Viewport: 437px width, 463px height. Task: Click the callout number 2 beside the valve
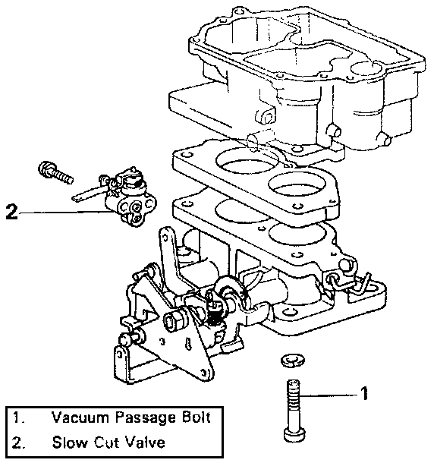tap(11, 212)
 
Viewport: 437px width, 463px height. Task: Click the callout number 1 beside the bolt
tap(364, 393)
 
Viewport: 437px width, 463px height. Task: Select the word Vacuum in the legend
tap(80, 417)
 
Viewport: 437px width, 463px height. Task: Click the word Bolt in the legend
tap(194, 417)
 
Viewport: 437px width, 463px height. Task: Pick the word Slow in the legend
tap(71, 442)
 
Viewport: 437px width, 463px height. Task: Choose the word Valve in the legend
tap(145, 442)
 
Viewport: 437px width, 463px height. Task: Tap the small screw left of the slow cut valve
tap(55, 172)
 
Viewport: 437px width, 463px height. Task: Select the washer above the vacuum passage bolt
tap(292, 361)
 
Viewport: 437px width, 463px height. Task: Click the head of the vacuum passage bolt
tap(294, 433)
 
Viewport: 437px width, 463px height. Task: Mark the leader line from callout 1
tap(329, 395)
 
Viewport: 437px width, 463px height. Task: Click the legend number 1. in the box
tap(18, 417)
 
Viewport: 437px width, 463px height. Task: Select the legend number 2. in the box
tap(18, 443)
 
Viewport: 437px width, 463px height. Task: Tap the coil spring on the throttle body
tap(213, 316)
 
